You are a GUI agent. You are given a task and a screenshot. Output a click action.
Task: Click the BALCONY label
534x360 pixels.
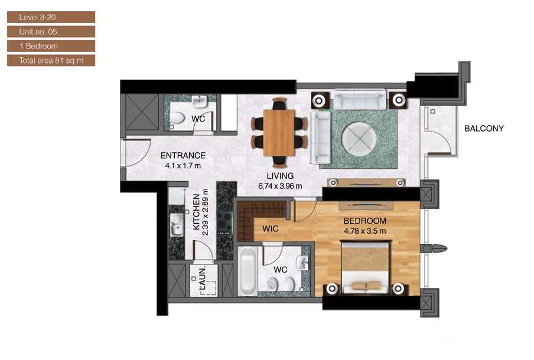(x=484, y=128)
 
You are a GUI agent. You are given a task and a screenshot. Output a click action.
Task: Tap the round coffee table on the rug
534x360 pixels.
(x=359, y=139)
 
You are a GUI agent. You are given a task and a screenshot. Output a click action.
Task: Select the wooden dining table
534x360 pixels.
(x=279, y=132)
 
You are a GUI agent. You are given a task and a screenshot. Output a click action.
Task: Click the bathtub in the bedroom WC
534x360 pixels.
(x=248, y=271)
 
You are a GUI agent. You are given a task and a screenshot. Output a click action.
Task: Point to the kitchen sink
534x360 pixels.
(x=177, y=225)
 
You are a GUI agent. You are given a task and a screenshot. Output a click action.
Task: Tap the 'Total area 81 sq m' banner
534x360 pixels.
(x=51, y=61)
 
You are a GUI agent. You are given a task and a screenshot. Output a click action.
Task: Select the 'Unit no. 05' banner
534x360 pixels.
(x=51, y=32)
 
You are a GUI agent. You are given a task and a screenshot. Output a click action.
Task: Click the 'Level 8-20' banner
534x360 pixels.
(x=51, y=17)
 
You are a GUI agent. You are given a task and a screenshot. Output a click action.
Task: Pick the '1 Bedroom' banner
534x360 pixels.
(x=51, y=46)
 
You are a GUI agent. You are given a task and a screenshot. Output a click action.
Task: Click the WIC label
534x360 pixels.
(x=271, y=228)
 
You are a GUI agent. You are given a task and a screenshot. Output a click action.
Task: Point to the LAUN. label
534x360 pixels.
(x=202, y=279)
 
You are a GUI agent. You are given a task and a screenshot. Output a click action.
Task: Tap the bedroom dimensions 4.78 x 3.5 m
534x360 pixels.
(x=364, y=231)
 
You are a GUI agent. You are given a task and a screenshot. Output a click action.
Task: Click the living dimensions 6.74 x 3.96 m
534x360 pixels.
(x=280, y=186)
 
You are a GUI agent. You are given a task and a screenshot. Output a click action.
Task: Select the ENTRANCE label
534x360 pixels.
(x=183, y=155)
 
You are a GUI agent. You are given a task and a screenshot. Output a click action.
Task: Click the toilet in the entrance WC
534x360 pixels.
(x=177, y=119)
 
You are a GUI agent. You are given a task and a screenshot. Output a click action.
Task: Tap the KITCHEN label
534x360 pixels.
(x=196, y=212)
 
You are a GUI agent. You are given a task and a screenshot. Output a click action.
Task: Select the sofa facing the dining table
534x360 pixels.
(x=321, y=137)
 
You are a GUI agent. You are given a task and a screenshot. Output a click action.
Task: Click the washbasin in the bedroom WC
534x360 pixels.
(x=302, y=263)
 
